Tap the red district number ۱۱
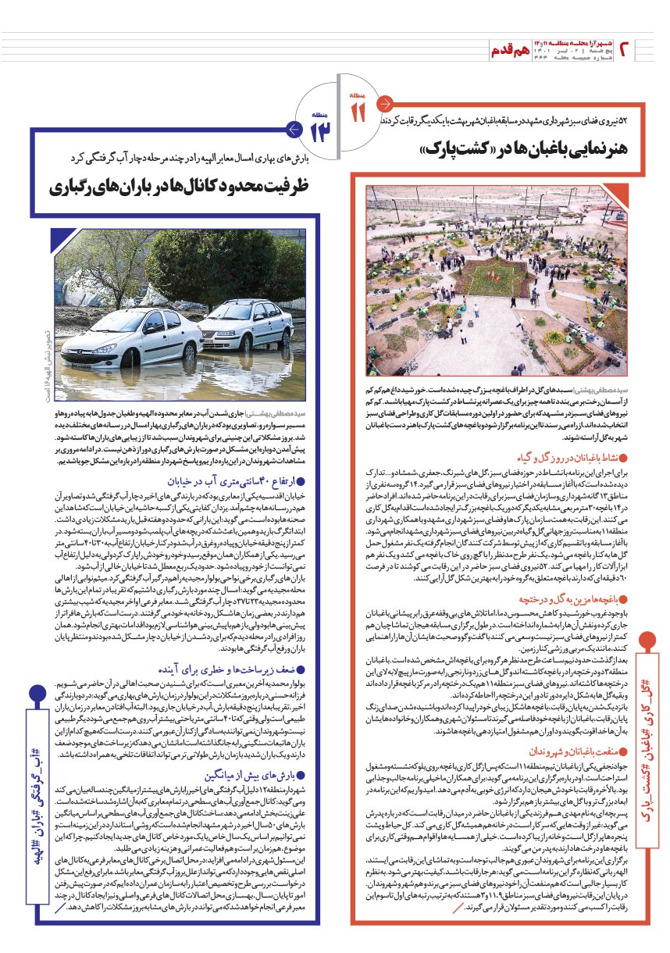tap(358, 112)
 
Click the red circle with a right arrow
tap(384, 103)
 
